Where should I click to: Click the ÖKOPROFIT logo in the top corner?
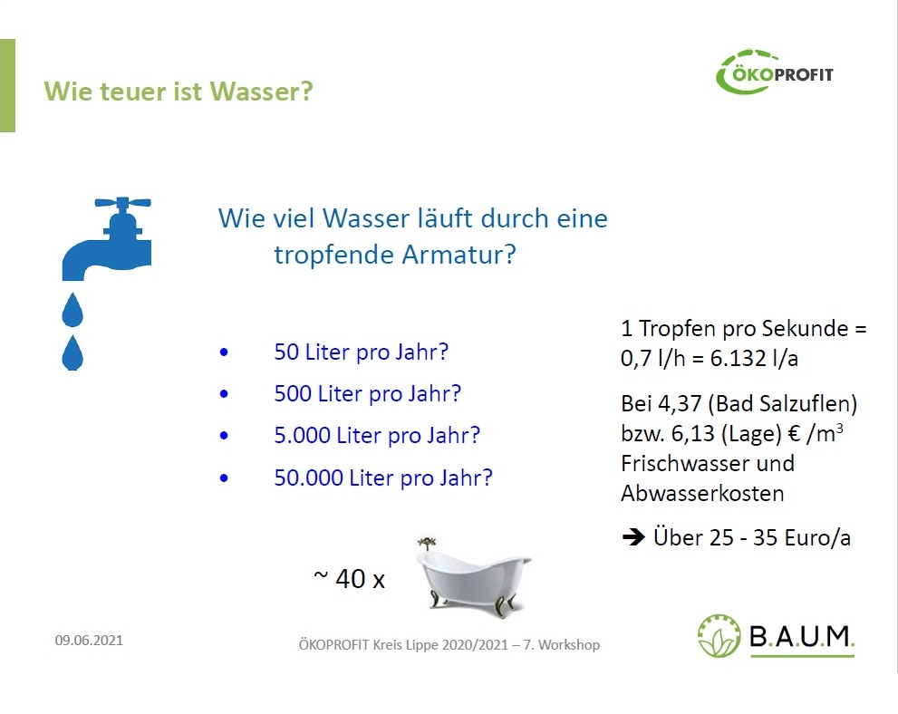click(775, 72)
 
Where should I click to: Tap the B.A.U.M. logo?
click(776, 636)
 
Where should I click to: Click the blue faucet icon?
click(107, 239)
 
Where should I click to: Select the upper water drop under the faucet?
click(72, 310)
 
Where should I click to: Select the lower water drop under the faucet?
click(72, 353)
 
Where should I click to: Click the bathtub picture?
click(473, 578)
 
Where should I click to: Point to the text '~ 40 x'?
click(350, 578)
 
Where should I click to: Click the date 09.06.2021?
click(89, 640)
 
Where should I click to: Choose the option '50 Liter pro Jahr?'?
click(361, 352)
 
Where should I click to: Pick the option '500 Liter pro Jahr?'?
click(367, 394)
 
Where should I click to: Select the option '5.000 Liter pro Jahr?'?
click(377, 436)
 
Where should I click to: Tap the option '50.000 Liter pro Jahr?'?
click(383, 478)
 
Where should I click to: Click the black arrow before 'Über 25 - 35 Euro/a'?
click(633, 537)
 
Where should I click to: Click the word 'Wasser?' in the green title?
click(261, 92)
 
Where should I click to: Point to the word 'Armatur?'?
click(459, 255)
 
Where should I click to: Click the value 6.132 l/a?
click(754, 359)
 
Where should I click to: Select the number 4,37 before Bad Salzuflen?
click(680, 404)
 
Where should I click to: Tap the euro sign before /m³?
click(795, 433)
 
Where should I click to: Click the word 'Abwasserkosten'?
click(702, 494)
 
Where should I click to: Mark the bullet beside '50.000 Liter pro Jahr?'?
click(224, 478)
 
